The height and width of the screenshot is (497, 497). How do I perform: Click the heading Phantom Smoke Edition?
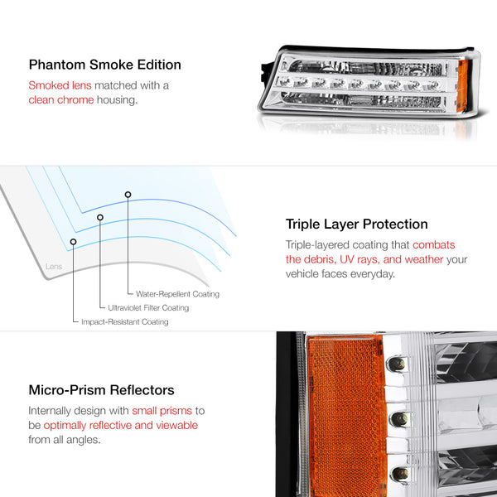tap(105, 65)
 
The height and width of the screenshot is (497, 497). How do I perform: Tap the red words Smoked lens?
tap(60, 85)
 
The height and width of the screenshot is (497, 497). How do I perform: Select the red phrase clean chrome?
tap(61, 100)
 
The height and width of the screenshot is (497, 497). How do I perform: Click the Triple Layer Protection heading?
tap(356, 224)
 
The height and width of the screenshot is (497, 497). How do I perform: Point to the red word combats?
tap(433, 244)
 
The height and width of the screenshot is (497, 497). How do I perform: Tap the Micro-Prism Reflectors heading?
tap(101, 390)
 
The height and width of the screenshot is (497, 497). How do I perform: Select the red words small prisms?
tap(162, 411)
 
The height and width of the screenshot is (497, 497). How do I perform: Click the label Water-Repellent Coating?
tap(177, 294)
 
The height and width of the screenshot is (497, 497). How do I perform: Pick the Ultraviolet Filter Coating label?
tap(148, 308)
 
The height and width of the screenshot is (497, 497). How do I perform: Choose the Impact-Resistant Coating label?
tap(125, 321)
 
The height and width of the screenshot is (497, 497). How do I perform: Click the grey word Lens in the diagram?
tap(54, 266)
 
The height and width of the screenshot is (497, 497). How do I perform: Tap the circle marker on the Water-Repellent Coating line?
tap(128, 195)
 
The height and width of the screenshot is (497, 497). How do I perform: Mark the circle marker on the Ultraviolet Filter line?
tap(100, 217)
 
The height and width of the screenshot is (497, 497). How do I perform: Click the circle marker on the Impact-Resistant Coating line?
tap(73, 242)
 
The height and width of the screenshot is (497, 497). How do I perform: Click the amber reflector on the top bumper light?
tap(462, 85)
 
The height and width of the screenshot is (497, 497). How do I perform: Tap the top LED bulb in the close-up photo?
tap(396, 364)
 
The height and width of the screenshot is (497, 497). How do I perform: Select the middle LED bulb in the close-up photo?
tap(398, 419)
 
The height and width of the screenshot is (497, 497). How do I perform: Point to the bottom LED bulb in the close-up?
tap(400, 474)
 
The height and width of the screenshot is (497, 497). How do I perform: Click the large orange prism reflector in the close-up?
tap(347, 416)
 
